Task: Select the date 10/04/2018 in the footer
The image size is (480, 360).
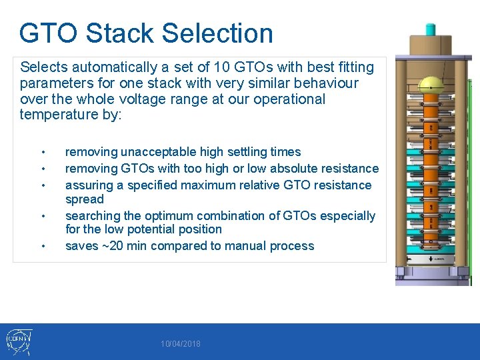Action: (180, 344)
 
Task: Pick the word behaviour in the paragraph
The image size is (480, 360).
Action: (325, 83)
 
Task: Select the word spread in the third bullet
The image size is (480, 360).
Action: (84, 199)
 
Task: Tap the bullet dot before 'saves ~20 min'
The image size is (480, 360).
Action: (43, 247)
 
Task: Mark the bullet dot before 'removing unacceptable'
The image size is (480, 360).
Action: (43, 152)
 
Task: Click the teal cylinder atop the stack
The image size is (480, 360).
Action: (430, 29)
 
